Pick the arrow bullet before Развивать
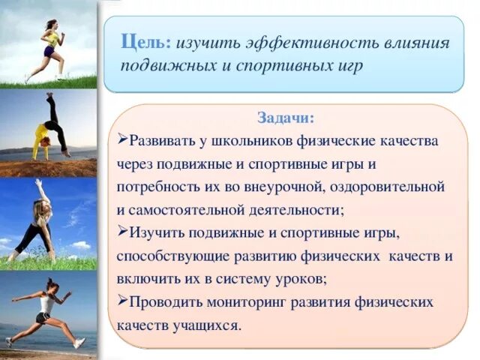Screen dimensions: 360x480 123,140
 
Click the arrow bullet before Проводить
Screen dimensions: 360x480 123,301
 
